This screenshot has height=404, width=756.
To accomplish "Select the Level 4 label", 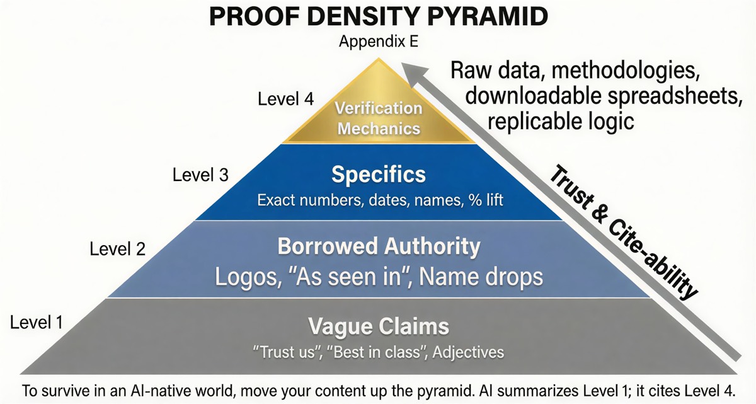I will (285, 99).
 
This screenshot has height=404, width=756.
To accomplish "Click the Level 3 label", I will (200, 175).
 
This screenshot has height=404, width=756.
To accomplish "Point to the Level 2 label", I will (118, 248).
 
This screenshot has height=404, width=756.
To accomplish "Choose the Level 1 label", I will (37, 323).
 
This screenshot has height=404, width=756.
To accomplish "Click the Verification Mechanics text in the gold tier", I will (378, 118).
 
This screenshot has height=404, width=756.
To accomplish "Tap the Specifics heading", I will (378, 175).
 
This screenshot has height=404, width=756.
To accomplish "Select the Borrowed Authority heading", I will (379, 246).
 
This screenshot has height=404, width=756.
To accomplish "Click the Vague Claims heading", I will (379, 326).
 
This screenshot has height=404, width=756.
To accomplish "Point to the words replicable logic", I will (560, 120).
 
